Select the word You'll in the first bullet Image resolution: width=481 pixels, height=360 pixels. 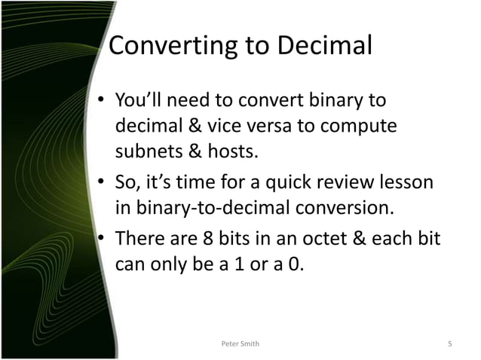139,100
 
